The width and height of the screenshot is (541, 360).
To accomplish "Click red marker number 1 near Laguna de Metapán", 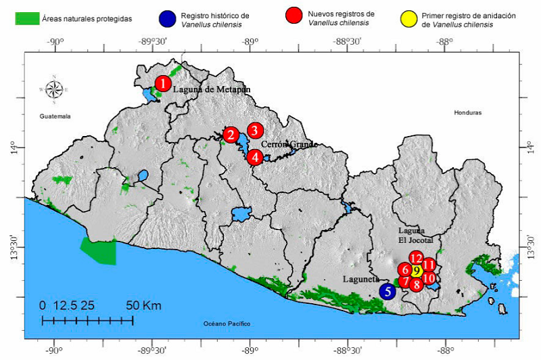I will click(x=162, y=83).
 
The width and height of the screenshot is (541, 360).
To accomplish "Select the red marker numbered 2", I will click(x=231, y=135).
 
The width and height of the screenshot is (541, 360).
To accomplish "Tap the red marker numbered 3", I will click(x=254, y=130).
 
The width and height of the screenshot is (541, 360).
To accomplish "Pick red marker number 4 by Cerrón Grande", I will click(x=255, y=157).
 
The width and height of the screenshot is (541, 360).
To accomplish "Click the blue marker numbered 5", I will click(x=387, y=291).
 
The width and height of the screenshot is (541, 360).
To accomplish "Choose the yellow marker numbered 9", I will click(x=417, y=271).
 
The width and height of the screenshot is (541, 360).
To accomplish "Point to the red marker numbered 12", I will click(x=417, y=258).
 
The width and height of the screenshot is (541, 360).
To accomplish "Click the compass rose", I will click(x=55, y=88).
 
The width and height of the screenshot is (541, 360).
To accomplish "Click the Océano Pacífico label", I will click(x=228, y=324).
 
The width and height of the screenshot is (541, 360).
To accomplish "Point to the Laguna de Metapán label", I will click(x=212, y=89).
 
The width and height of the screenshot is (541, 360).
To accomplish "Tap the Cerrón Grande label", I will click(x=289, y=144).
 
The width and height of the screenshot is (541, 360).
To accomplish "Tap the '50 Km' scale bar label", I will click(x=143, y=305).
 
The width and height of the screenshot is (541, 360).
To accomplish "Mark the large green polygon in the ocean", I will click(x=99, y=250).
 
